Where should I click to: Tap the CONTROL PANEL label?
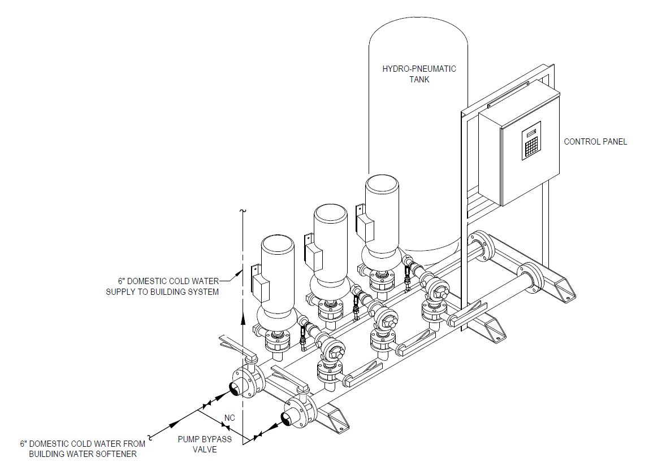pos(595,142)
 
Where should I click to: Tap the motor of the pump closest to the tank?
pos(382,203)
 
